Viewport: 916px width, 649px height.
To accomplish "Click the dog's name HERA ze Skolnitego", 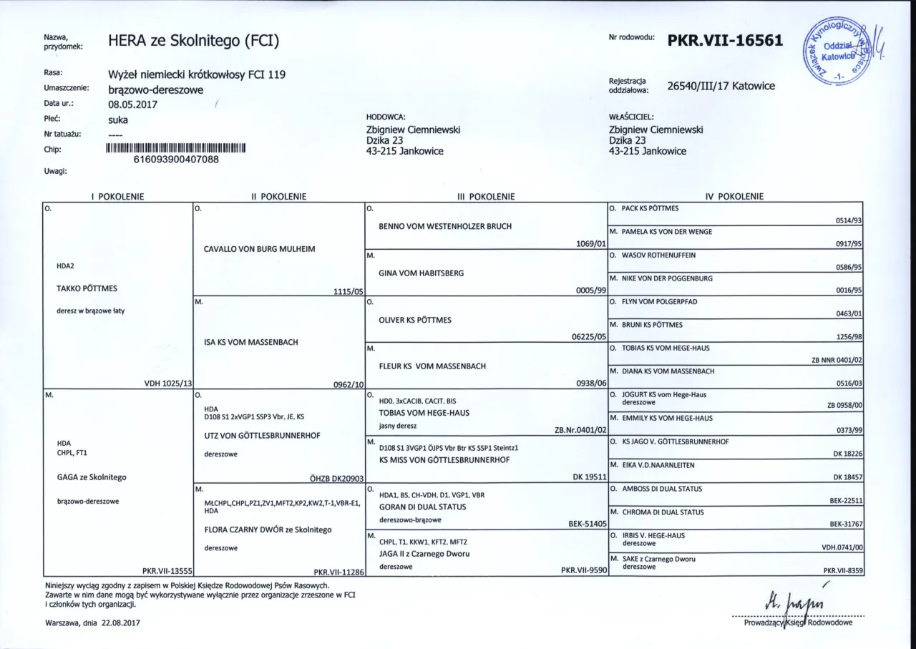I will (193, 42).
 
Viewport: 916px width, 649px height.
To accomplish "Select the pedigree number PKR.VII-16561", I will (725, 41).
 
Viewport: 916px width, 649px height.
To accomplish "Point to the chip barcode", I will (176, 149).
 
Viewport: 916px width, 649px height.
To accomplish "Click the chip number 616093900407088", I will (176, 160).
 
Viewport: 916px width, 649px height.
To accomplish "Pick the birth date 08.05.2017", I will (132, 104).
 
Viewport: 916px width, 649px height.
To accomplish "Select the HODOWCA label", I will (386, 117).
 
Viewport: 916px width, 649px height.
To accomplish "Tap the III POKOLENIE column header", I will (486, 196).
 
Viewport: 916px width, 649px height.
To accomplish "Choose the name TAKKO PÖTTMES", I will (87, 288).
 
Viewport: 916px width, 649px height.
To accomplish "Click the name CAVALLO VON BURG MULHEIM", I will (260, 249).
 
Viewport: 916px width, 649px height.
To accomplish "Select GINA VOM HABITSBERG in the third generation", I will (422, 273).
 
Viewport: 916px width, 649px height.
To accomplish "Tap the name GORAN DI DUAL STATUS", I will (422, 507).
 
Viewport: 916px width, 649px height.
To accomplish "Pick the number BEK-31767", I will (846, 524).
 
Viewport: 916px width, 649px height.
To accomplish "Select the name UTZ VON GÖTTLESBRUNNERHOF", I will (262, 435).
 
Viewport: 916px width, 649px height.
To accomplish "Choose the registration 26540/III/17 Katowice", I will (721, 87).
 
